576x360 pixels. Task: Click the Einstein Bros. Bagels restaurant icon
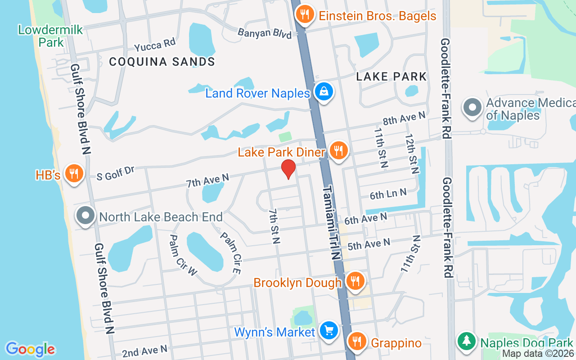point(305,14)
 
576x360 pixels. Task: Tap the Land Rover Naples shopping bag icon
point(324,92)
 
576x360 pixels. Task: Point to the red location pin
point(288,169)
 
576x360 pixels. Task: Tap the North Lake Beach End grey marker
point(85,216)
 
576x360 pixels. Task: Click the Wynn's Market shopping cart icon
point(329,331)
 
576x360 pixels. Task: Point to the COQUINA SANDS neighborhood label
point(162,62)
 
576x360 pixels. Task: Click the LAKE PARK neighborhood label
point(391,76)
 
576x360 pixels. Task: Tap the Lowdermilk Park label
point(45,36)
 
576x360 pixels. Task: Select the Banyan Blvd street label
point(265,33)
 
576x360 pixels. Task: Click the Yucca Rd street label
point(154,45)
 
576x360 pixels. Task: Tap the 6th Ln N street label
point(388,194)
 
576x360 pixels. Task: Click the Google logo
point(30,349)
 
